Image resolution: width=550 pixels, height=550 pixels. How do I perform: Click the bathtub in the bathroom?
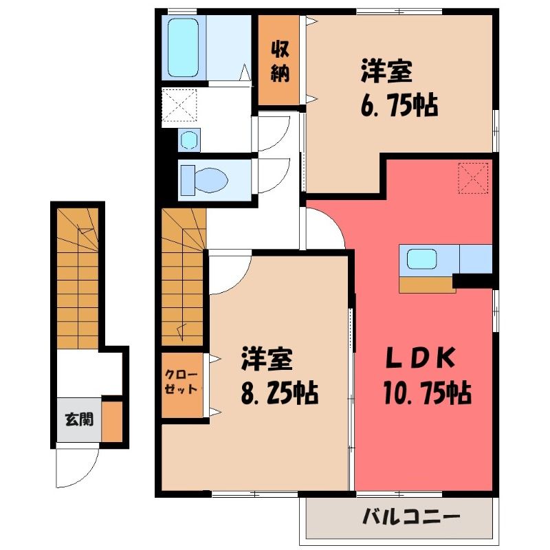[183, 47]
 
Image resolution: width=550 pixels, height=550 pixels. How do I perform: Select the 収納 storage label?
[280, 62]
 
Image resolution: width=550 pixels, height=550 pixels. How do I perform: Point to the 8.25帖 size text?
[280, 393]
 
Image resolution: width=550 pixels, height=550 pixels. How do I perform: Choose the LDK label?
[421, 357]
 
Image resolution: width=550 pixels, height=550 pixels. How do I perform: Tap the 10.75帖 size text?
[428, 393]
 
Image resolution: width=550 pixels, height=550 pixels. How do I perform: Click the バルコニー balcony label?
[411, 517]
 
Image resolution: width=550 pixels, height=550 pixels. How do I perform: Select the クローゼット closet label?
[181, 382]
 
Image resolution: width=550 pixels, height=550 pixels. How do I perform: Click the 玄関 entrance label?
[79, 419]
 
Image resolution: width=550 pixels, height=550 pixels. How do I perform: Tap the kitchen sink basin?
[421, 259]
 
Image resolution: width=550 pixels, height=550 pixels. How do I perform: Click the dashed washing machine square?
[179, 105]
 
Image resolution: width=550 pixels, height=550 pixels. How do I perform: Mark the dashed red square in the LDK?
[473, 177]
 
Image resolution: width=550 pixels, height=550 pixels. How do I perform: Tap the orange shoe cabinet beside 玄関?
[112, 421]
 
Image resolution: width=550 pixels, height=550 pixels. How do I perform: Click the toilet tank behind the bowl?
[188, 180]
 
